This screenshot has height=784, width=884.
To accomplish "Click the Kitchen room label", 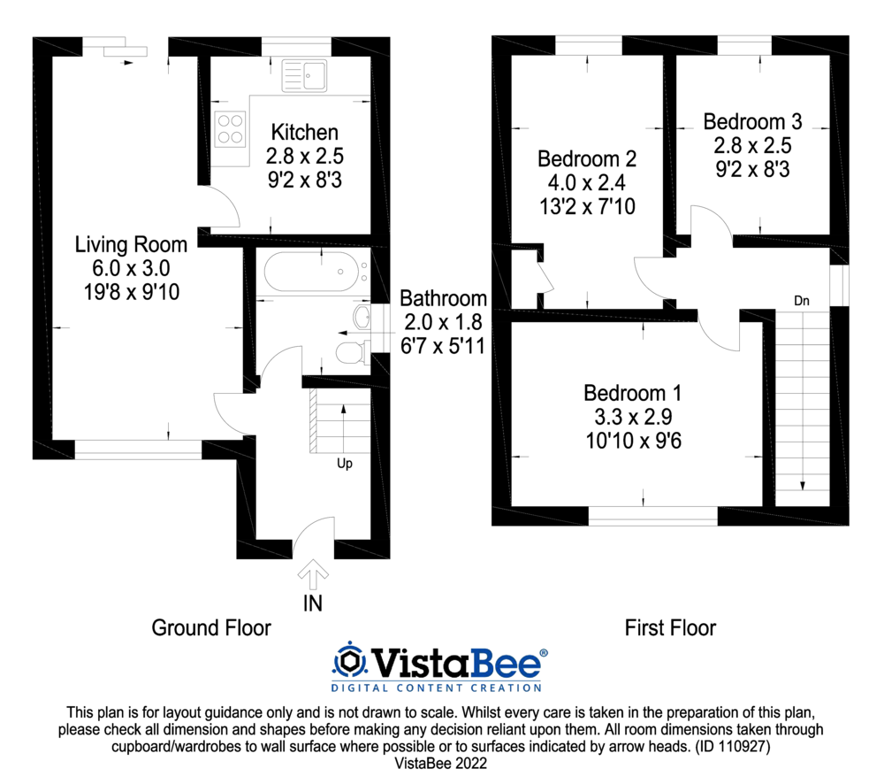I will coord(304,133).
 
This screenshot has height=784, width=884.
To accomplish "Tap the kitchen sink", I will coord(304,74).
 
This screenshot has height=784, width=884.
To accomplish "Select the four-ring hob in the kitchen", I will coord(232,128).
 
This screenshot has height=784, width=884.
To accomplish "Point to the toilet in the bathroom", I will coord(351,354).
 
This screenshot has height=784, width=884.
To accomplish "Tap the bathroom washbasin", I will coord(362,317).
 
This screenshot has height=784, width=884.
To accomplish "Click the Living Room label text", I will coord(131,244).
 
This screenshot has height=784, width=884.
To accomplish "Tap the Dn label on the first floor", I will coord(802,301).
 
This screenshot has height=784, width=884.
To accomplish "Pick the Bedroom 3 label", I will coord(746,121).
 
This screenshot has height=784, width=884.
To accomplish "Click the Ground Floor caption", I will coord(211,628).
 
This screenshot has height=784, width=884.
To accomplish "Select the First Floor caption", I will coord(670,628).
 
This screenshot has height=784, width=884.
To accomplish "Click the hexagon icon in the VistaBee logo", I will coord(350,662).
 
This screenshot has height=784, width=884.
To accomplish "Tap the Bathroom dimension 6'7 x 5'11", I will coord(443,345).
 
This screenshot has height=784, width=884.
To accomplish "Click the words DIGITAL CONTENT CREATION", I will coord(436,687).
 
